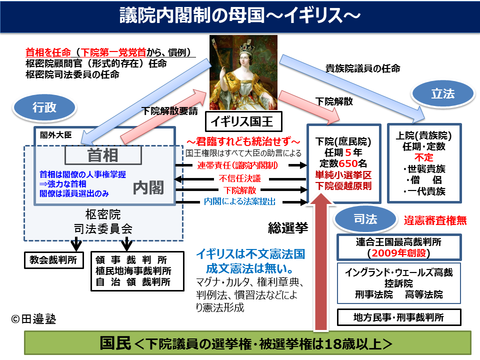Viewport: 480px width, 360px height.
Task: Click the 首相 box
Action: pyautogui.click(x=103, y=155)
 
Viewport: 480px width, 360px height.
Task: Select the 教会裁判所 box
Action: pyautogui.click(x=53, y=260)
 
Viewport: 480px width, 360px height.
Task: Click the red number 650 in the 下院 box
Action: pyautogui.click(x=347, y=163)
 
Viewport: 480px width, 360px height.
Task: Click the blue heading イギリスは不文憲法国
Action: pyautogui.click(x=250, y=253)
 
